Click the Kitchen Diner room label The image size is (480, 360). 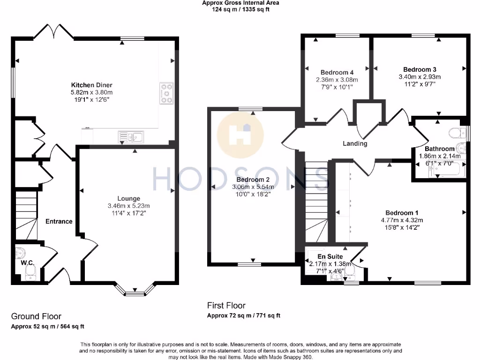coord(91,85)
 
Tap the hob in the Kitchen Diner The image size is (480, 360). coord(166,93)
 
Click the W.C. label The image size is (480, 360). coord(27,263)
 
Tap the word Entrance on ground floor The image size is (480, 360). coord(59,221)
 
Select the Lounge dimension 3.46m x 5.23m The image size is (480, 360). coord(128,206)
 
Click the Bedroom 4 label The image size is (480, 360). coord(337,72)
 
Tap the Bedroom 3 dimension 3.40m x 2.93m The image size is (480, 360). coord(420,77)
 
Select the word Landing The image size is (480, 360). coord(355,143)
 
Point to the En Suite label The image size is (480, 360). coord(330,256)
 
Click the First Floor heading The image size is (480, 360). coord(226,306)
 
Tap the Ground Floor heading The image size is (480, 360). coord(36,316)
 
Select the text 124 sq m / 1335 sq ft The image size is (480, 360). coord(240,8)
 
